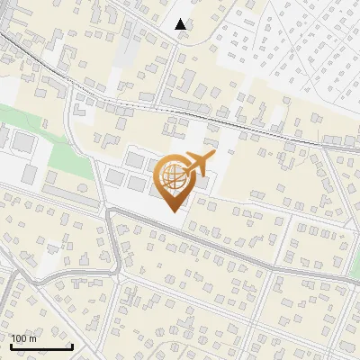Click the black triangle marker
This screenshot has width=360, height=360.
[x=182, y=24]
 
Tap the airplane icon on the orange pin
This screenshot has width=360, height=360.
[x=199, y=163]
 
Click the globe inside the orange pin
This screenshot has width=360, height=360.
[x=171, y=177]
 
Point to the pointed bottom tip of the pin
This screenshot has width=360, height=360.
[x=172, y=210]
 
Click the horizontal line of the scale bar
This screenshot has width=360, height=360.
[x=41, y=346]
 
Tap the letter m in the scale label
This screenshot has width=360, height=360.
[x=33, y=338]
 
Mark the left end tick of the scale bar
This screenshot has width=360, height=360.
[x=11, y=345]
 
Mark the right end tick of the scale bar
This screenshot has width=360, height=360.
[x=72, y=345]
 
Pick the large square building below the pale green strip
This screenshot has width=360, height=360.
[x=22, y=142]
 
